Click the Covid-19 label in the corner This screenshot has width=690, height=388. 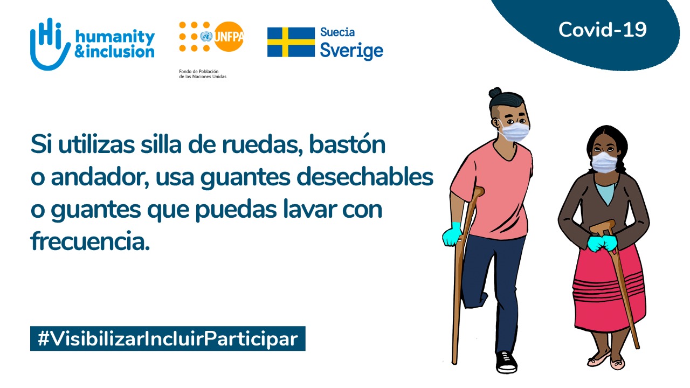(x=603, y=30)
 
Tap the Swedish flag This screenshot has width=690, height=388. (x=291, y=42)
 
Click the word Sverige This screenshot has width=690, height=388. (x=352, y=51)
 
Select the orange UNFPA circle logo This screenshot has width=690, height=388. (x=229, y=36)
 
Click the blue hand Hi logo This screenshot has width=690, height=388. (x=49, y=44)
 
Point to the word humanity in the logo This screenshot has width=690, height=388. (x=115, y=37)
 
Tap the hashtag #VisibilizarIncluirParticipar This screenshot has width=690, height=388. (x=168, y=339)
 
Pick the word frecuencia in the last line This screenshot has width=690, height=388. (x=90, y=241)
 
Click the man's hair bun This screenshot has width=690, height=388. (x=495, y=92)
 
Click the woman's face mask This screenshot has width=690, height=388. (x=605, y=162)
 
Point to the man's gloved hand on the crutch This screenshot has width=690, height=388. (x=452, y=234)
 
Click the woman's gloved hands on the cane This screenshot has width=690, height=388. (x=602, y=243)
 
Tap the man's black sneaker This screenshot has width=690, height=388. (x=506, y=362)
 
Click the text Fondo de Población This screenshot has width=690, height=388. (x=199, y=72)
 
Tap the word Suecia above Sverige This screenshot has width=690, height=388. (x=337, y=32)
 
